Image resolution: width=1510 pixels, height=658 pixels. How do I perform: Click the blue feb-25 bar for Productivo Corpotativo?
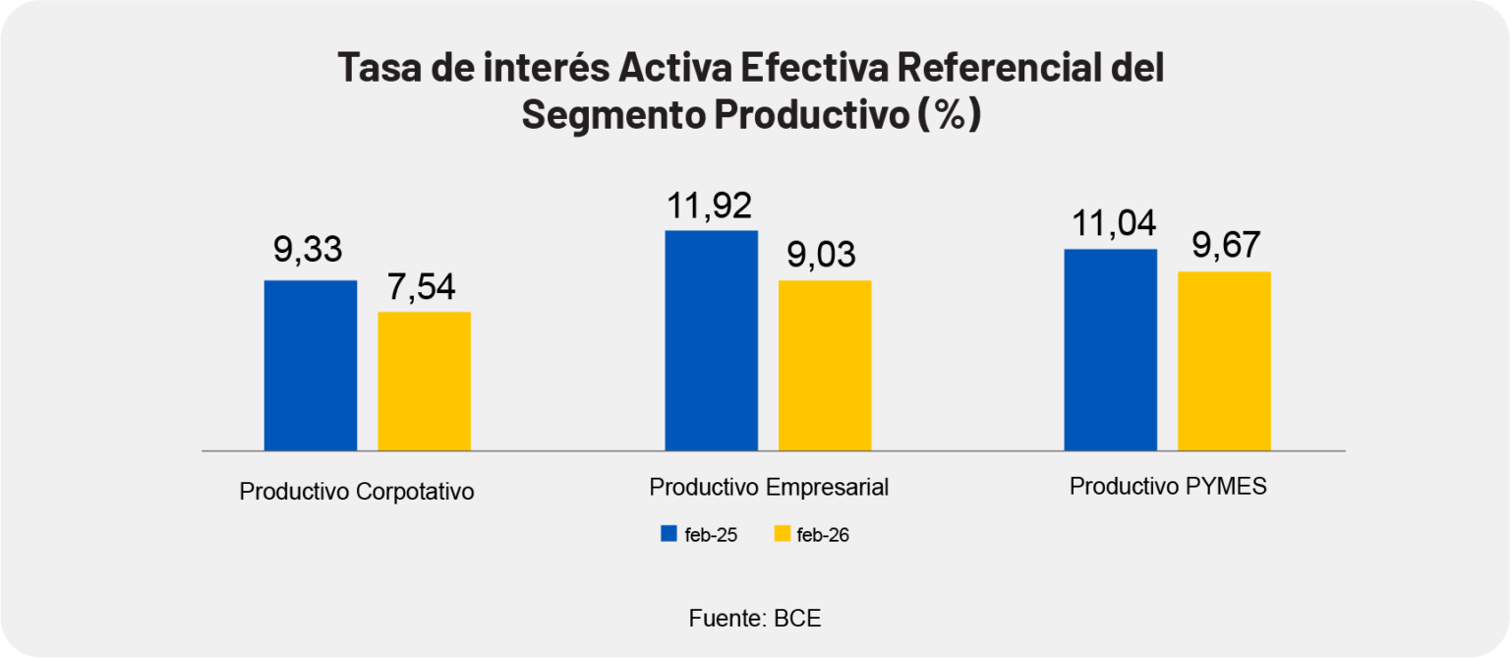tap(311, 365)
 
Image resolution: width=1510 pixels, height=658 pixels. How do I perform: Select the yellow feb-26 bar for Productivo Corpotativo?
tap(425, 381)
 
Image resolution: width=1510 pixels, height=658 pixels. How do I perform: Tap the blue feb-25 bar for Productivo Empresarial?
tap(712, 340)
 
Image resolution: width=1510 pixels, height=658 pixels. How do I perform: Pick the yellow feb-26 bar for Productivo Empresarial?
tap(825, 365)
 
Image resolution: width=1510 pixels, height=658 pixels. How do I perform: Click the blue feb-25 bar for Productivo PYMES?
tap(1111, 349)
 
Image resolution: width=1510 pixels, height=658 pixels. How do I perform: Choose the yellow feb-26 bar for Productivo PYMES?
tap(1224, 360)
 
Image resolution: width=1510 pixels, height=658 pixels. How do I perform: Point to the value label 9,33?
tap(308, 250)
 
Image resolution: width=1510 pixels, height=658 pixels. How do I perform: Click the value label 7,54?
tap(422, 289)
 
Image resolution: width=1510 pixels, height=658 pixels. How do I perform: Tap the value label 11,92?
tap(709, 207)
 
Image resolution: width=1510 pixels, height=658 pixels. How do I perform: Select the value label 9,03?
tap(822, 255)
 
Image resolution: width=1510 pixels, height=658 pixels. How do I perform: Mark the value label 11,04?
tap(1109, 226)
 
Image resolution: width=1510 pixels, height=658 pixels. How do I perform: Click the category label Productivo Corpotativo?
tap(357, 491)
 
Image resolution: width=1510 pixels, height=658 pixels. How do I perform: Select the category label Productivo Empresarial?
tap(769, 487)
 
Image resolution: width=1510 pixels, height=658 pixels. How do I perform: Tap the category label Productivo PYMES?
tap(1168, 487)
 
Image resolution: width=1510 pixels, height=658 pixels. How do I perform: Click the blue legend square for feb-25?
tap(669, 534)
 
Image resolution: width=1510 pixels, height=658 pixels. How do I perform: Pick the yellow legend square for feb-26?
tap(783, 534)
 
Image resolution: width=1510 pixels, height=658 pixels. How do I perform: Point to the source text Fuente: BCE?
tap(755, 619)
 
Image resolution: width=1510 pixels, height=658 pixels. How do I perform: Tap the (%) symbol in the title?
tap(948, 115)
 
